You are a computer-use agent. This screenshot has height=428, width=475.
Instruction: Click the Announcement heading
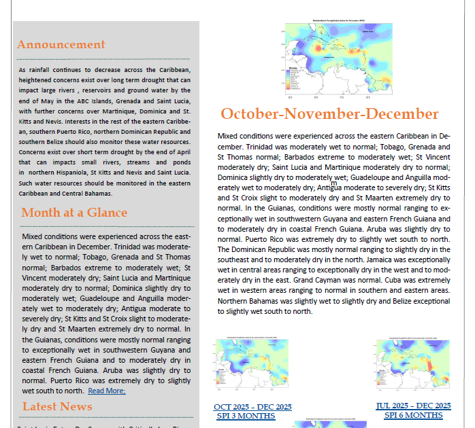click(x=61, y=45)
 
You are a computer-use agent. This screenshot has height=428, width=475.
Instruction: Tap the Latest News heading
click(x=57, y=406)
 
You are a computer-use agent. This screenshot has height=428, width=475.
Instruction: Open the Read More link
click(x=106, y=391)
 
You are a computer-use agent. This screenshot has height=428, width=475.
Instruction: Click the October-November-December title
click(x=329, y=113)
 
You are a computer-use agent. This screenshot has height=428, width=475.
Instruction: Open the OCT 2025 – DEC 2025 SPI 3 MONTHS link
click(x=252, y=410)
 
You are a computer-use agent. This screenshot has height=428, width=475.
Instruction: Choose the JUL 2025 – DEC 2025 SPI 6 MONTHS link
click(x=413, y=410)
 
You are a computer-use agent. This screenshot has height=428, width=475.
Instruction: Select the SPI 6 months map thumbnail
click(x=413, y=367)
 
